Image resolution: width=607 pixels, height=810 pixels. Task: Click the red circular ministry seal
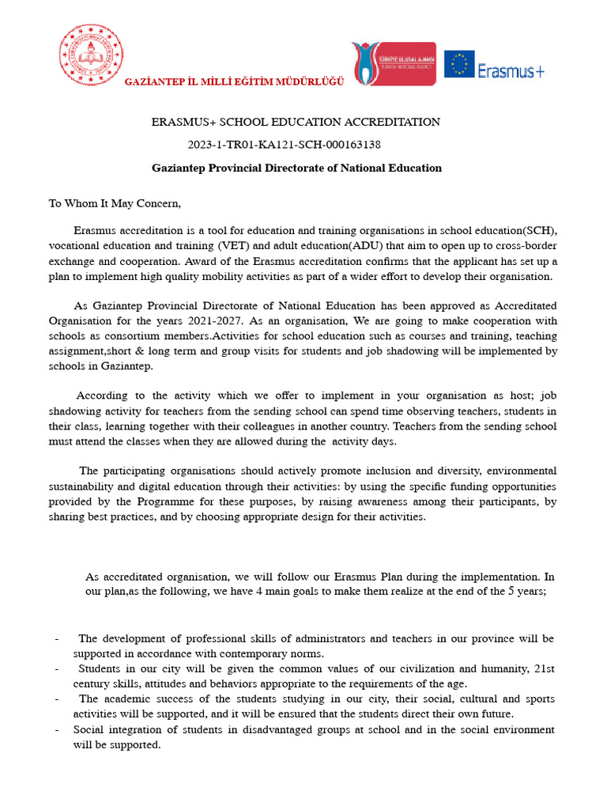coord(92,57)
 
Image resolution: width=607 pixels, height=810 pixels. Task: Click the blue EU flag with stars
coord(459,64)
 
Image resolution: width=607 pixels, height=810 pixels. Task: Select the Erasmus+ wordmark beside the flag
coord(511,70)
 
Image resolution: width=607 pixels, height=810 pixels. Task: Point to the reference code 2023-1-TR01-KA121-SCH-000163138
coord(284,145)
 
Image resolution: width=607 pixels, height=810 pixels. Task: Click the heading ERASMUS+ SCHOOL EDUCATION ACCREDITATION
coord(296,123)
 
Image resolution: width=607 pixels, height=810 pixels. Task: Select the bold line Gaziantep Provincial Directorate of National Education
coord(296,168)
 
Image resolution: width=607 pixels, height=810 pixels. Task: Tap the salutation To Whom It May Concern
coord(115,203)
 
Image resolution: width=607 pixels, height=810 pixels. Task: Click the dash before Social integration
coord(56,729)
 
